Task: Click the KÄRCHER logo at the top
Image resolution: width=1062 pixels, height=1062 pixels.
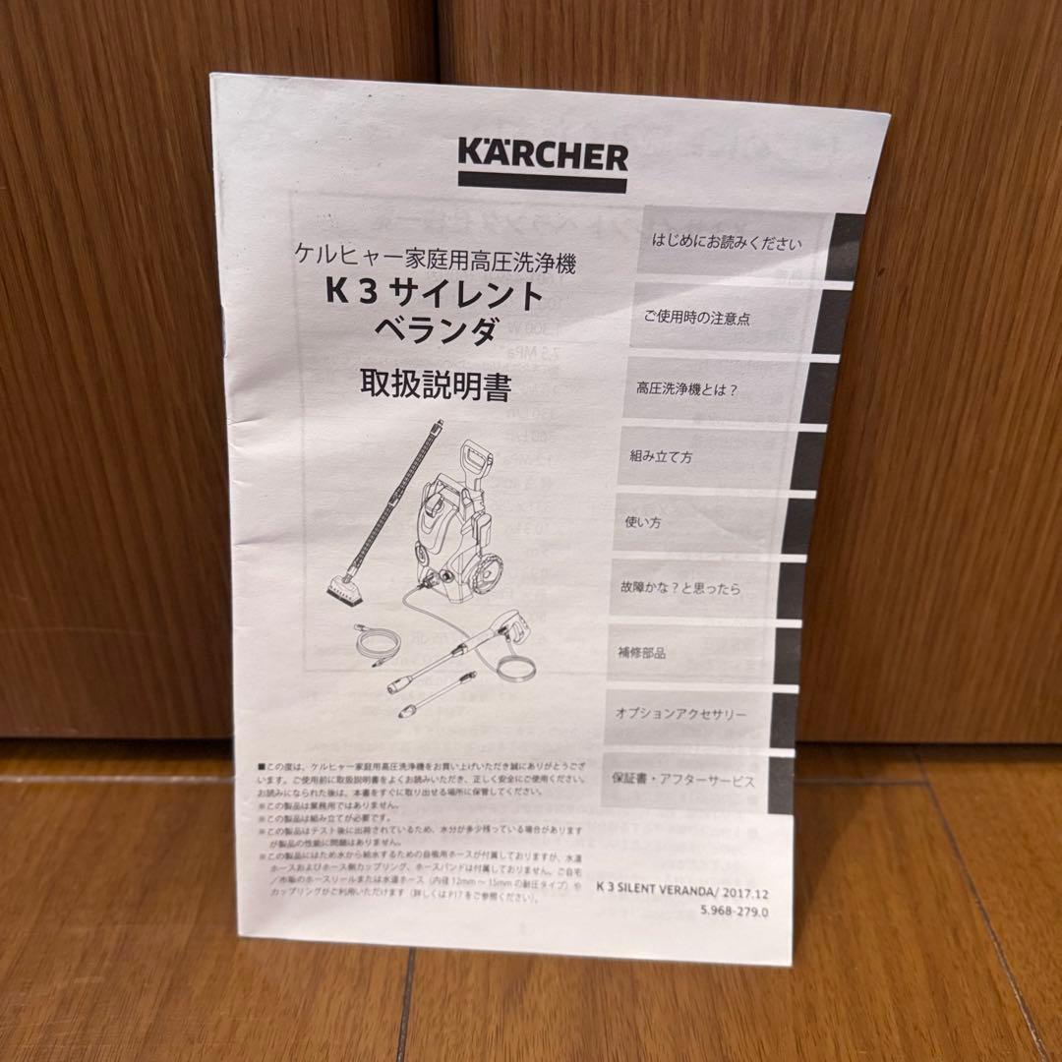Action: pos(542,155)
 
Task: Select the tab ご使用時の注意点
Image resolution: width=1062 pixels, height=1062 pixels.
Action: pos(698,319)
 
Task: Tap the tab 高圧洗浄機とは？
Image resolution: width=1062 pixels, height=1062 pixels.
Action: pos(686,387)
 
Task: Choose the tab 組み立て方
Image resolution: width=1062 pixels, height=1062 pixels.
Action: pos(661,456)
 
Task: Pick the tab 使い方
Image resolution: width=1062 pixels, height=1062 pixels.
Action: pos(643,522)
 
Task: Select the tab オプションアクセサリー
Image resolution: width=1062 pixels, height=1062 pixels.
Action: pos(680,714)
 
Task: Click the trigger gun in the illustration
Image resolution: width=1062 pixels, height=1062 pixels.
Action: pos(514,638)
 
